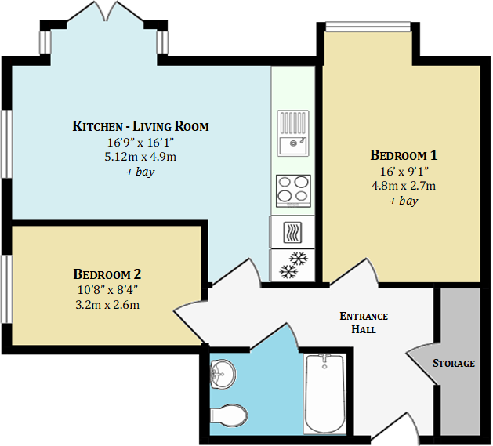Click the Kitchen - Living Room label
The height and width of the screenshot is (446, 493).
point(140,126)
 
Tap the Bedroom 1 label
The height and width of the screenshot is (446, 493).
point(404,155)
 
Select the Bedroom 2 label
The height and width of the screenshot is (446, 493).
point(107,274)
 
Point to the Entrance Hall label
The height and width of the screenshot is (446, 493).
point(363,323)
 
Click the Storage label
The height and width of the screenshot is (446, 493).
point(454,363)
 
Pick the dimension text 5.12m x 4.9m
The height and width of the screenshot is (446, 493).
point(140,157)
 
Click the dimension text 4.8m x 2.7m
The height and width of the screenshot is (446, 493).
point(404,186)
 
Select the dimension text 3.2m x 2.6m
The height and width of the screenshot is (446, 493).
point(107,304)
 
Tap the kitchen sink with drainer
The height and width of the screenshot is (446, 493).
point(293,133)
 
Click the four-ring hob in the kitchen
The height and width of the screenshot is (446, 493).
point(293,190)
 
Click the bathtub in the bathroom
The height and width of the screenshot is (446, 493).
point(324,392)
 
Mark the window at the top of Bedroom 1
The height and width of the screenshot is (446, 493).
point(367,29)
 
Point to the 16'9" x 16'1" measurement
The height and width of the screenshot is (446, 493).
point(140,142)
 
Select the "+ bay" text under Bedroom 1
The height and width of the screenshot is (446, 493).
point(404,201)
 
